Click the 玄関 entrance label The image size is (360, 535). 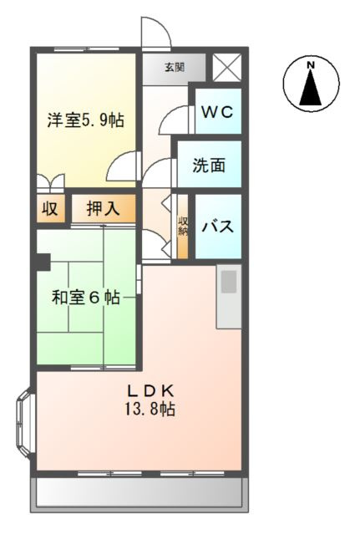pos(173,68)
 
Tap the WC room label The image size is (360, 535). pos(218,111)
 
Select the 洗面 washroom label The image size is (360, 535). pos(209,166)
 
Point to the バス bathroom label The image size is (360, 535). pos(217,227)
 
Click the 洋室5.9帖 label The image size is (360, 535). pos(84,120)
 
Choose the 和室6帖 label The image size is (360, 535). pos(84,297)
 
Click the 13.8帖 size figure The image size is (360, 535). pos(150,410)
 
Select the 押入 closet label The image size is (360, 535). pos(103,209)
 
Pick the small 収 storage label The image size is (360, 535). pos(50,209)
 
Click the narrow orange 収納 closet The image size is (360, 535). pos(183,227)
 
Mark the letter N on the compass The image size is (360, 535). pos(311,65)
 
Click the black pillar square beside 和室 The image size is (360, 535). pos(43,262)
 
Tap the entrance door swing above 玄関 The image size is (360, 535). pos(156,33)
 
